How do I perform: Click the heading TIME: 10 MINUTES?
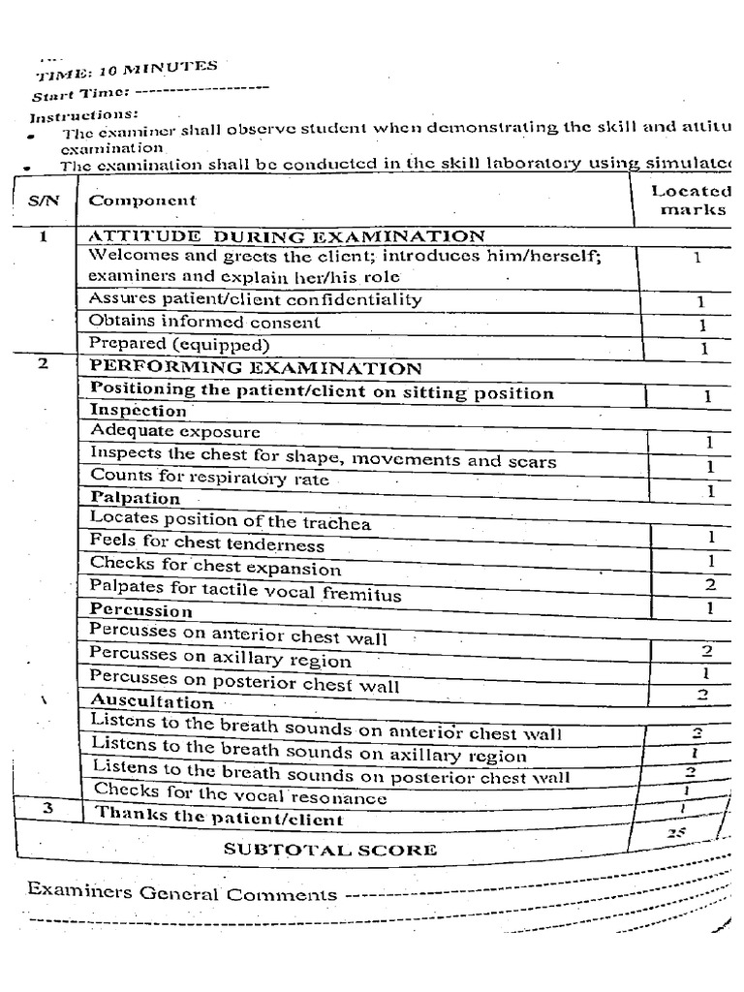tap(127, 71)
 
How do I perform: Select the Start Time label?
tap(79, 94)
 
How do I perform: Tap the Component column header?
tap(142, 201)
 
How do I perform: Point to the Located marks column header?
tap(692, 201)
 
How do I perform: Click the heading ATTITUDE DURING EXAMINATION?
tap(287, 236)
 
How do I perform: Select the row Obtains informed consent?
tap(204, 322)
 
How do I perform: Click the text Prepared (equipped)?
tap(179, 344)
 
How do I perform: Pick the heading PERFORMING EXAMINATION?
tap(256, 368)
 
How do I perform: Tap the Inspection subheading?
tap(139, 410)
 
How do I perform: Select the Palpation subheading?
tap(136, 499)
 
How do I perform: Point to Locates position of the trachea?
tap(231, 522)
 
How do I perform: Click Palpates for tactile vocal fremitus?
tap(245, 590)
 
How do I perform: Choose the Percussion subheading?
tap(141, 611)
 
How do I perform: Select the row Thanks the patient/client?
tap(219, 817)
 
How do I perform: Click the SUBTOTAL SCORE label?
tap(330, 850)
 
